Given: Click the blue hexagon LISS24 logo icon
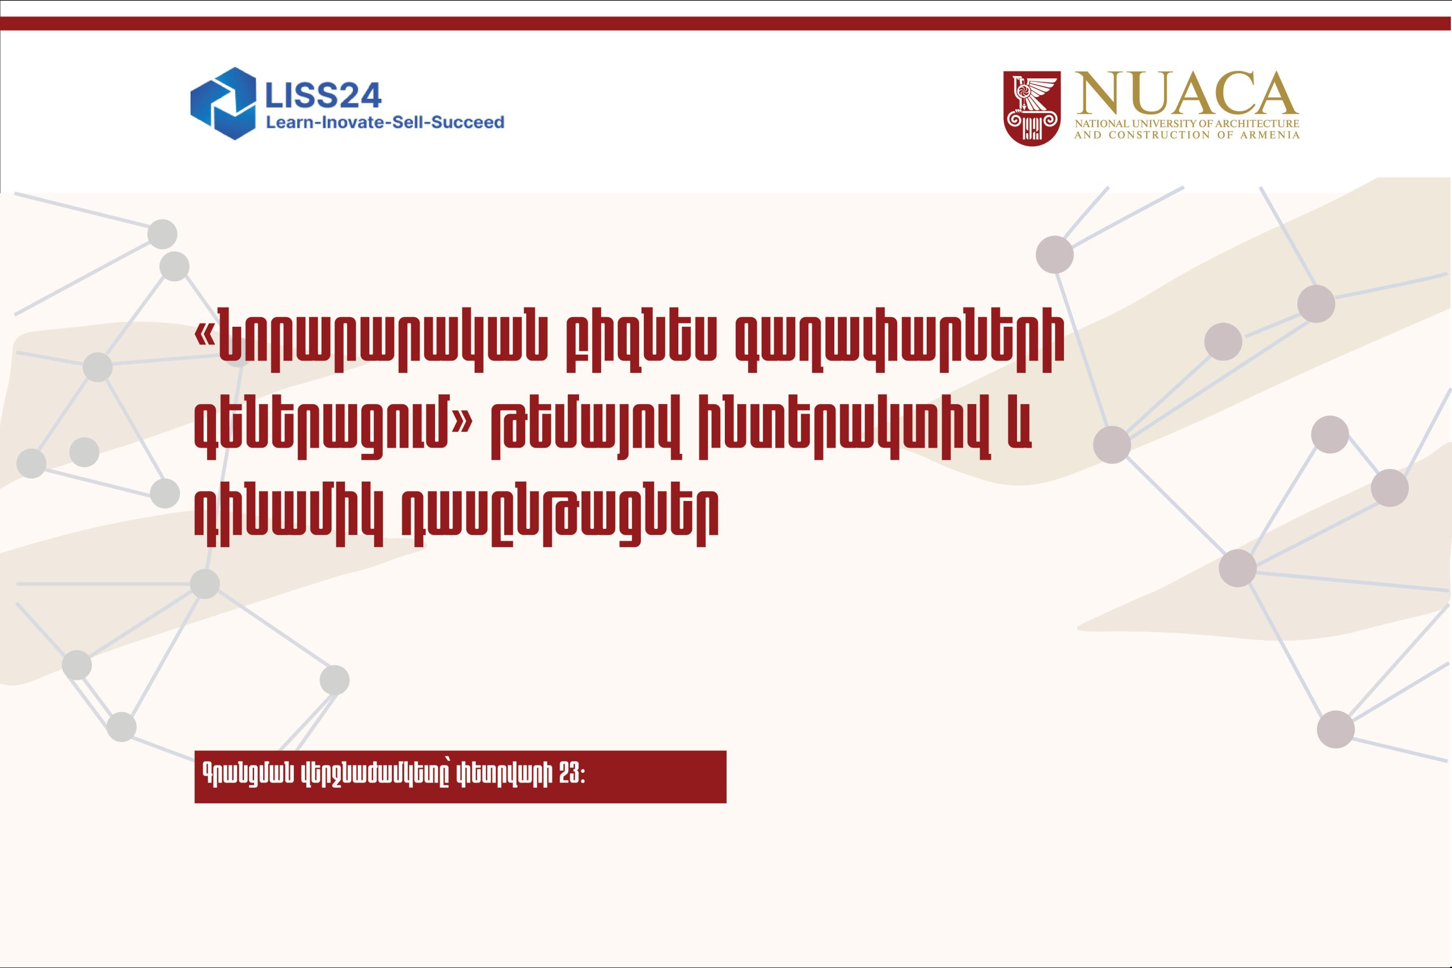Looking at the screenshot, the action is coord(223,103).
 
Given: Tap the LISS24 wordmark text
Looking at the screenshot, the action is coord(323,95).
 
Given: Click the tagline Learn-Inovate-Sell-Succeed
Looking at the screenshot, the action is coord(385,122).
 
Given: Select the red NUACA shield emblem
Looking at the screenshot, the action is coord(1032,108).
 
